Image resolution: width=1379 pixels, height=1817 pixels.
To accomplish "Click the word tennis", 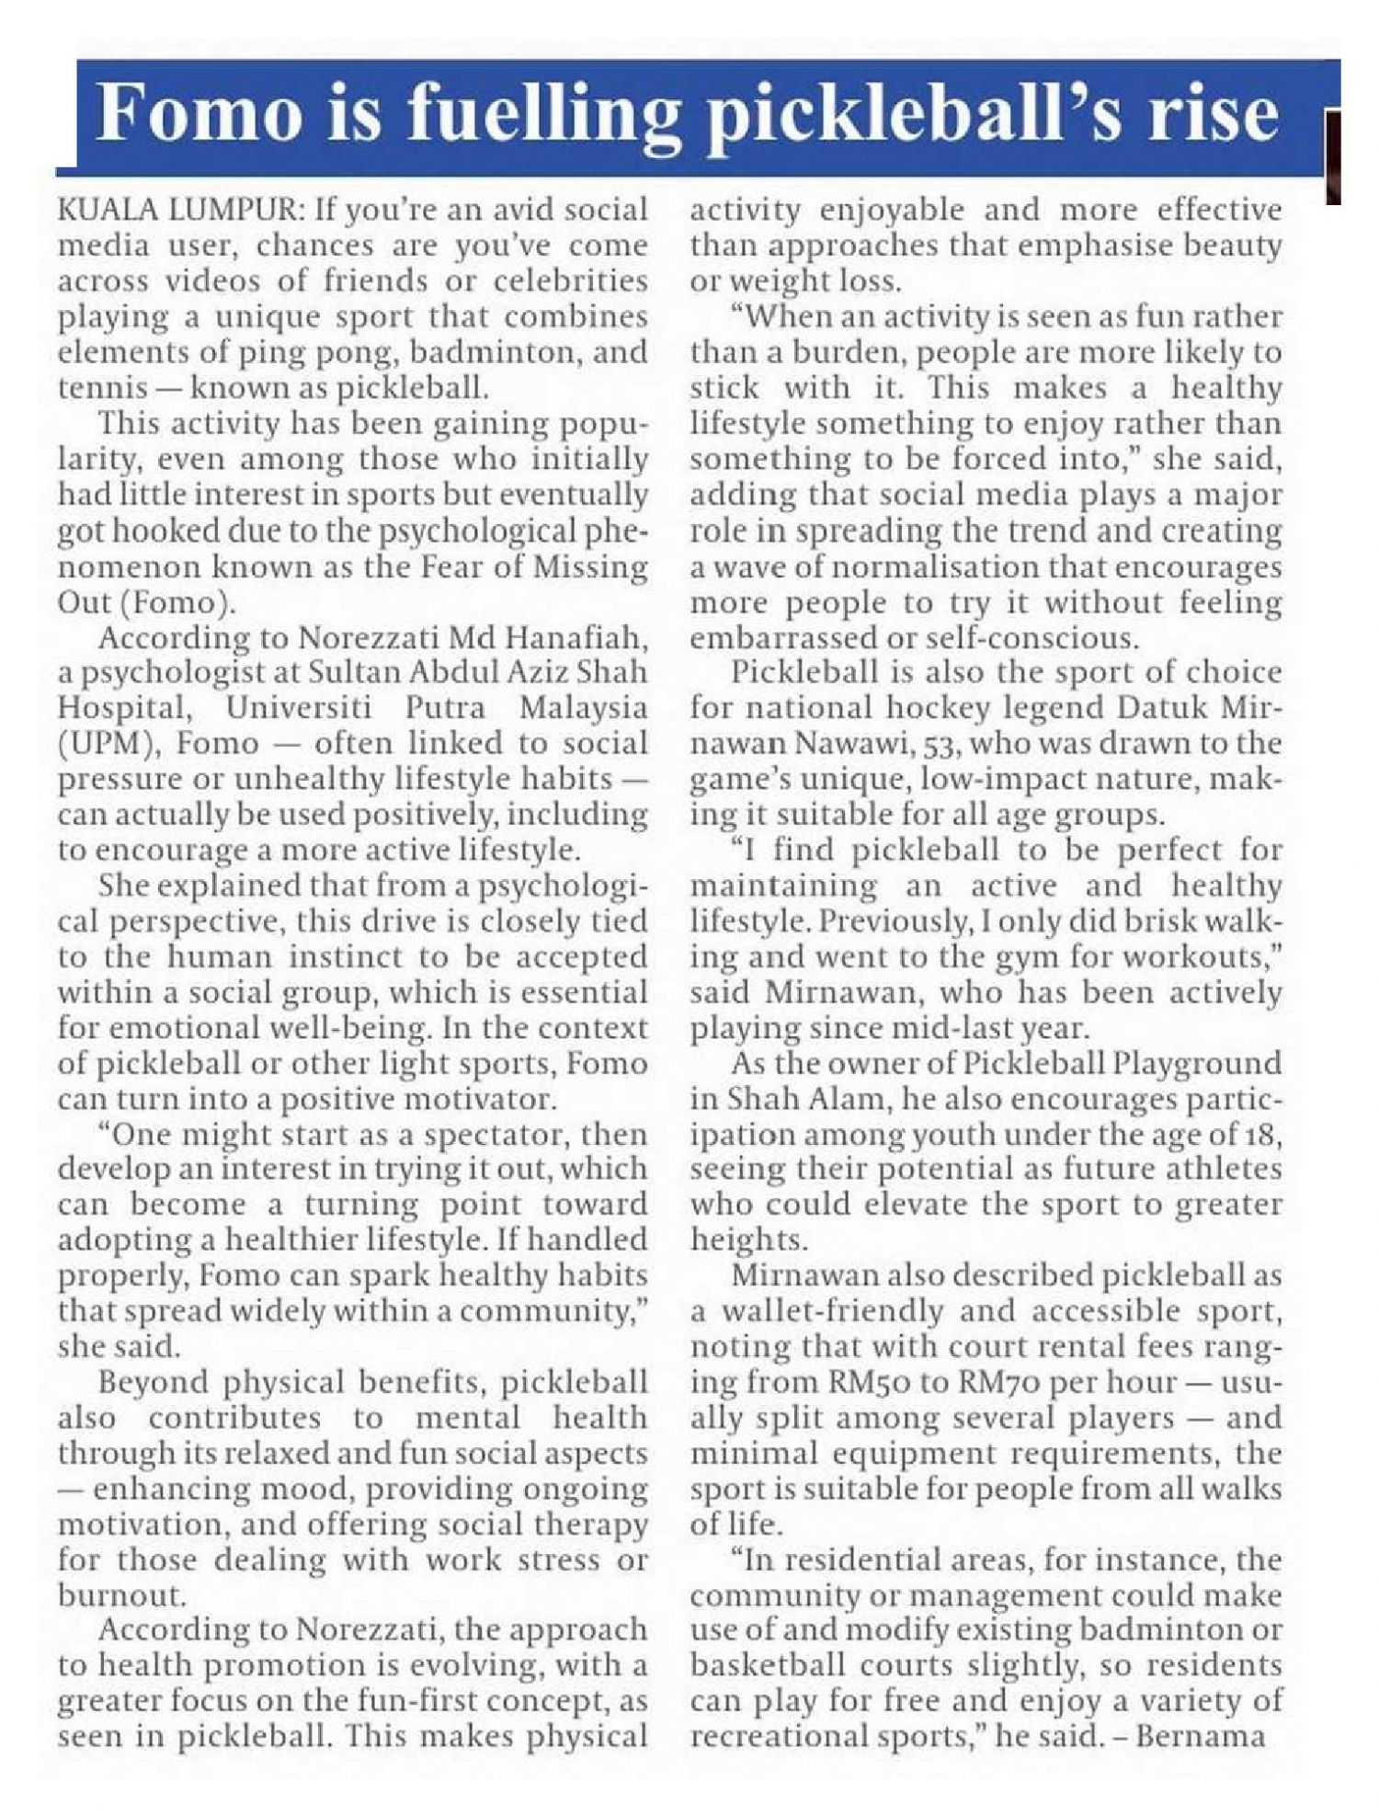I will click(102, 388).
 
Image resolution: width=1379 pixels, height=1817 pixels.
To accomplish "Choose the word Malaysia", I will click(583, 708).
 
